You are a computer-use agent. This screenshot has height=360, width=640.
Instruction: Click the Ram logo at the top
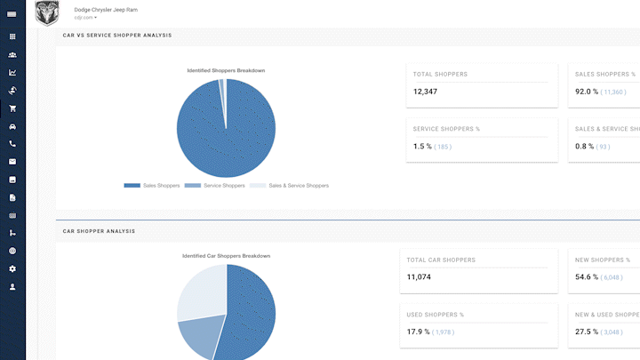[x=47, y=12]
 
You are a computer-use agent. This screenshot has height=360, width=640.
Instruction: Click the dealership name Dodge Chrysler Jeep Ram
[x=106, y=9]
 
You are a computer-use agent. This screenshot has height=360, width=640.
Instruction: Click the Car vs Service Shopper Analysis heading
[x=117, y=36]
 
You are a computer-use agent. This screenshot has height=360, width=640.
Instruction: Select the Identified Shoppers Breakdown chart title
[x=226, y=70]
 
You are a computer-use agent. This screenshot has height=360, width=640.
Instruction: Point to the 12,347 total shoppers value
[x=425, y=92]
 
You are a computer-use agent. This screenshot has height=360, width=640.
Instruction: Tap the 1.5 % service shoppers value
[x=422, y=147]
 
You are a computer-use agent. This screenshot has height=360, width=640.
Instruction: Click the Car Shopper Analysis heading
[x=99, y=231]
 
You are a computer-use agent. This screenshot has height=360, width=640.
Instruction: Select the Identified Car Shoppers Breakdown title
[x=226, y=256]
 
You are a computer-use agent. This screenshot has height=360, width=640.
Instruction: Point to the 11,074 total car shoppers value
[x=419, y=277]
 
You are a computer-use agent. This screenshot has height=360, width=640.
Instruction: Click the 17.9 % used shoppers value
[x=418, y=332]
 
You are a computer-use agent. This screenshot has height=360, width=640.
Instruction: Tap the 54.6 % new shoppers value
[x=586, y=277]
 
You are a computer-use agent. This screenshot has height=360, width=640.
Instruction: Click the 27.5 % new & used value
[x=586, y=332]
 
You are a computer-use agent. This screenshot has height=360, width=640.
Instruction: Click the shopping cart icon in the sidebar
[x=12, y=108]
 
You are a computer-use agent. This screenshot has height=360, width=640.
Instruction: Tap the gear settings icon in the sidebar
[x=12, y=268]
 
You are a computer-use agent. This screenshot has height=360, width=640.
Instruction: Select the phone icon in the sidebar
[x=12, y=144]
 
